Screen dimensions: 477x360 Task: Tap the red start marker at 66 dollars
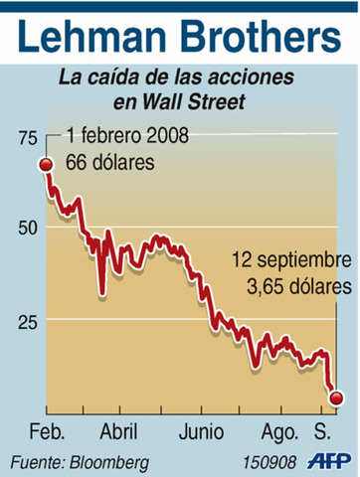click(46, 164)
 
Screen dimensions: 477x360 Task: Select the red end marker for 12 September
click(336, 398)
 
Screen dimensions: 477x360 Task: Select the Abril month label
click(119, 433)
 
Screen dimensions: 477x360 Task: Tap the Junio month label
click(201, 433)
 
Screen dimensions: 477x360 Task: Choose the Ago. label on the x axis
click(281, 433)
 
